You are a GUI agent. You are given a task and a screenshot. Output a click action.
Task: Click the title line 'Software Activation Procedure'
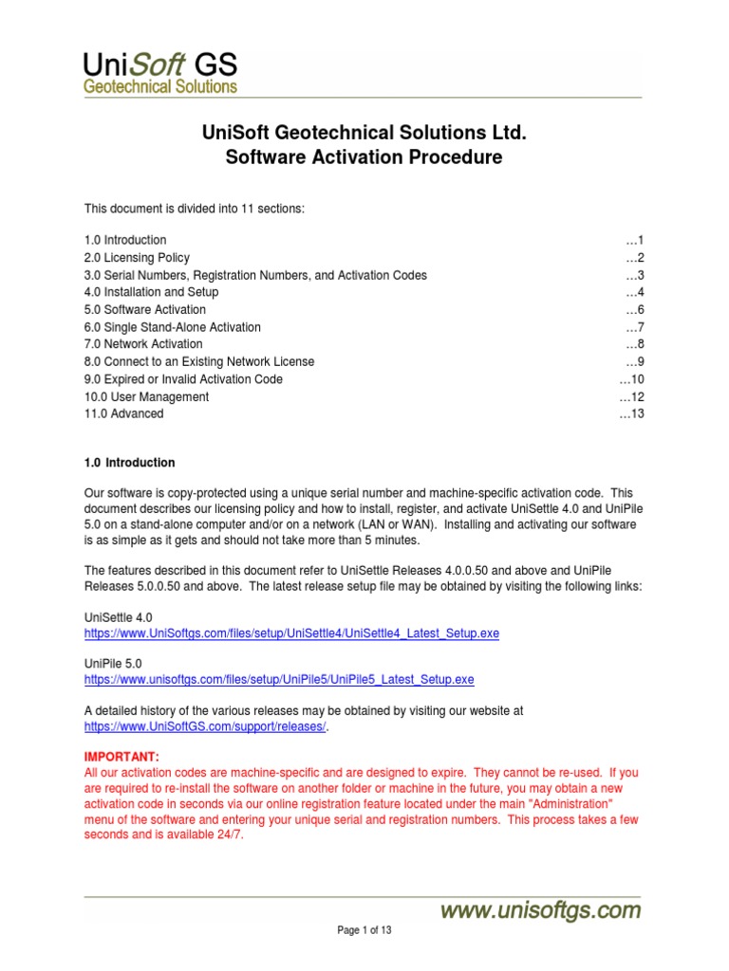tap(364, 157)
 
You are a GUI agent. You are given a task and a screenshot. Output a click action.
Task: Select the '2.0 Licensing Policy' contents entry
tap(137, 258)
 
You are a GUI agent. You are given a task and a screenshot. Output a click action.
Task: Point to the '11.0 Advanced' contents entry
tap(123, 413)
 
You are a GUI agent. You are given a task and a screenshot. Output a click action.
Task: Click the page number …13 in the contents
tap(631, 413)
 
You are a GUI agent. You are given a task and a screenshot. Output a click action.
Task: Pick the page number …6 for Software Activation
tap(635, 310)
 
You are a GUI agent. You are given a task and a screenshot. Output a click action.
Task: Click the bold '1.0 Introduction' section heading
tap(130, 463)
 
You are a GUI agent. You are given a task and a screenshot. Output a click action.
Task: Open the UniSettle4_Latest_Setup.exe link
tap(291, 632)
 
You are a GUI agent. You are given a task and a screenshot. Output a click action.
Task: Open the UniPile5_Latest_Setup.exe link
tap(279, 680)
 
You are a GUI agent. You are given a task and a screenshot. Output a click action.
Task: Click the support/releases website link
tap(205, 726)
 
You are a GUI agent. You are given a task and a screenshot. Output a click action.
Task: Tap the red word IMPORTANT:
tap(122, 756)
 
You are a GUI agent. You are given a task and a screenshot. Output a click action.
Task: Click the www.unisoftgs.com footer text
tap(539, 911)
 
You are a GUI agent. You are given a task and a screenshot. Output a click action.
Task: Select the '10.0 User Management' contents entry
tap(146, 396)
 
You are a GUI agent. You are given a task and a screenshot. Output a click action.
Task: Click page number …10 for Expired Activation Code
tap(631, 379)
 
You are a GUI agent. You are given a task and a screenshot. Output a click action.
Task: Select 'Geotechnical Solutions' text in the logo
tap(159, 86)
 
